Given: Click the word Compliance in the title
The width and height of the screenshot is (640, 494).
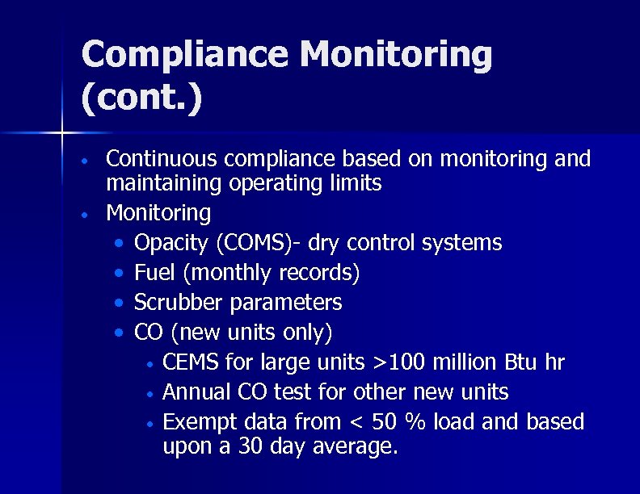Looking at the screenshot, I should pos(184,56).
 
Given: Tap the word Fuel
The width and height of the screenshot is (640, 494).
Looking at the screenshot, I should pos(154,273).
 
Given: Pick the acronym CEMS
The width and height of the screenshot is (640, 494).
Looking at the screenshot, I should pos(191,362).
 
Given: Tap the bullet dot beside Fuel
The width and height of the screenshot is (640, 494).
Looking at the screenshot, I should pos(120,274).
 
